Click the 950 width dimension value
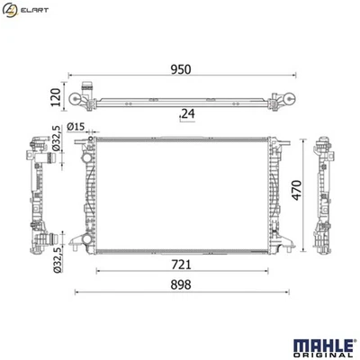point(181,69)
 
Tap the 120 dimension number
point(56,97)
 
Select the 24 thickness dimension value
point(188,113)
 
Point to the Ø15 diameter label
point(76,127)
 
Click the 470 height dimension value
point(296,191)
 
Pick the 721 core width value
point(181,265)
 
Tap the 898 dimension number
point(181,284)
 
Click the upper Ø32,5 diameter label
point(56,139)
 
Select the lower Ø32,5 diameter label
point(57,259)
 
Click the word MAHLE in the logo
point(323,346)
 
